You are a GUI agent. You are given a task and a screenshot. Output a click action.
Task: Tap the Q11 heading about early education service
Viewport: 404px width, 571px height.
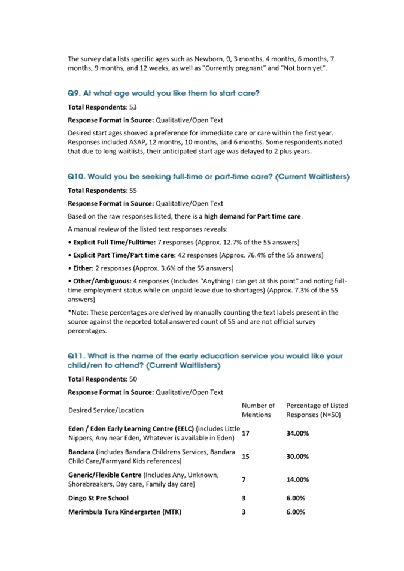point(205,360)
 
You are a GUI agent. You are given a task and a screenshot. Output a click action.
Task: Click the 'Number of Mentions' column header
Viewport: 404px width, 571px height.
point(258,410)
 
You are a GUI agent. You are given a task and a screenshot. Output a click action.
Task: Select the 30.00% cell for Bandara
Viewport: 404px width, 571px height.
point(297,457)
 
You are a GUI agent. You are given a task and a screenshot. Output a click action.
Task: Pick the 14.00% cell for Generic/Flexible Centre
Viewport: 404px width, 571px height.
point(297,479)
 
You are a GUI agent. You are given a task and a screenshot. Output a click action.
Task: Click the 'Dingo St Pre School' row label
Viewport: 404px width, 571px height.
point(98,497)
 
